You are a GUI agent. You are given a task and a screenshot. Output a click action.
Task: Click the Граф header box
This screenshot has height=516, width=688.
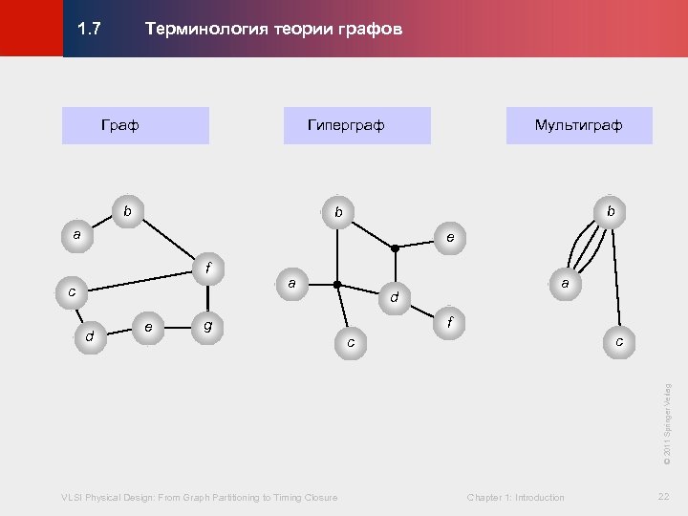pos(135,125)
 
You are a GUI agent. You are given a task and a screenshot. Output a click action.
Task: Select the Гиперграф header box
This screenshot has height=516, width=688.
pos(356,125)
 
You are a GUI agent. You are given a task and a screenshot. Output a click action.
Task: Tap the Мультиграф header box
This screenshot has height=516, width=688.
pos(578,125)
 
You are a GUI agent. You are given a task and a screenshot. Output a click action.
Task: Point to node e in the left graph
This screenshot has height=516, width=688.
pos(147,327)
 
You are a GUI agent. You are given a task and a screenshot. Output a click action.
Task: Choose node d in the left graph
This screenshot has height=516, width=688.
pos(89,336)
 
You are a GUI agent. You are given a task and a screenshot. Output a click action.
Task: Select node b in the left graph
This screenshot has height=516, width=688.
pos(127,209)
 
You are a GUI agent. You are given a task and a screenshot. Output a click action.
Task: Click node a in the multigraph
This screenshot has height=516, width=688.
pos(565,284)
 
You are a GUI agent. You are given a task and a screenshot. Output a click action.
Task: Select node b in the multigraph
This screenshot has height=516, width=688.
pos(609,209)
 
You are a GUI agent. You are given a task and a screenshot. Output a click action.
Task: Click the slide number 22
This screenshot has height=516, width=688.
pos(663,496)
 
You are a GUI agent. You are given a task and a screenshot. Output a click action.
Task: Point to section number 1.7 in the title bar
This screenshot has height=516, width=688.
pos(89,30)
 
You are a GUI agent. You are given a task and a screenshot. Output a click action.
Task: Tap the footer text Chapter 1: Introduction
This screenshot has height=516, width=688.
pos(515,497)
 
